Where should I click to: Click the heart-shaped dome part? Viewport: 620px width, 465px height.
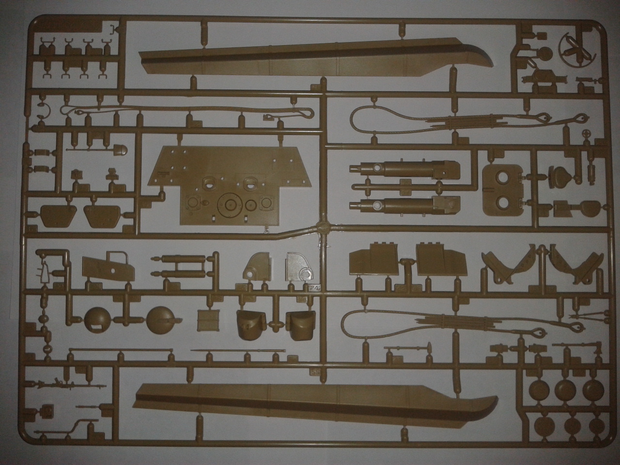pyautogui.click(x=560, y=174)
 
